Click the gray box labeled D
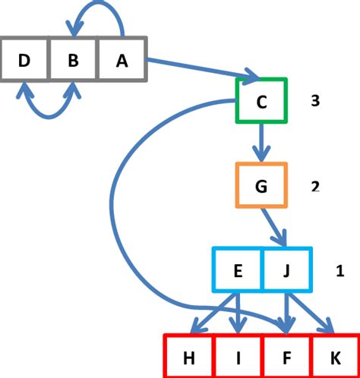tap(24, 58)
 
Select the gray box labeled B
tap(73, 58)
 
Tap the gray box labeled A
tap(122, 58)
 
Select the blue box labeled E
tap(237, 269)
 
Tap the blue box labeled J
tap(286, 269)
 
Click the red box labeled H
tap(189, 355)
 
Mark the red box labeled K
tap(334, 355)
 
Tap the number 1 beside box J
tap(339, 269)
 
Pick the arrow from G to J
tap(275, 227)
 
